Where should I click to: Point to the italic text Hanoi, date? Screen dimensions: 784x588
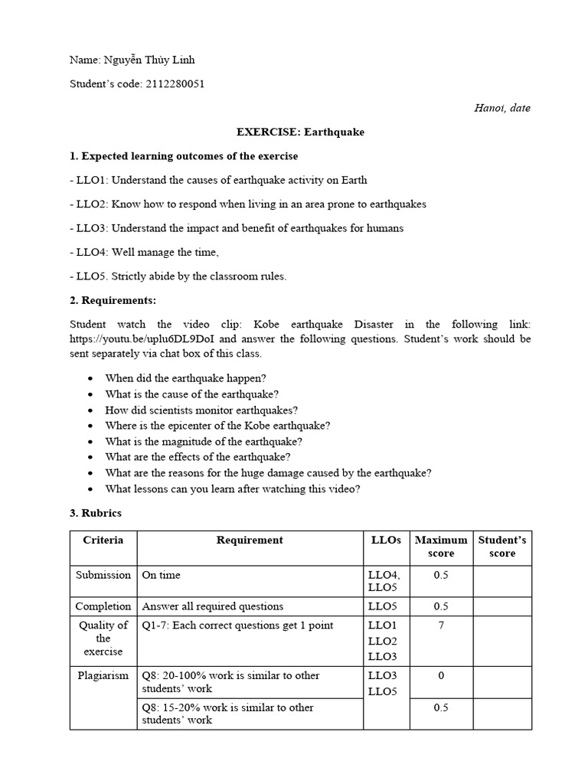pyautogui.click(x=502, y=108)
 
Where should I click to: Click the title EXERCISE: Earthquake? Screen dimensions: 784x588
pyautogui.click(x=300, y=132)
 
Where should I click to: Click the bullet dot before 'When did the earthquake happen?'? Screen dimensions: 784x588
pyautogui.click(x=92, y=378)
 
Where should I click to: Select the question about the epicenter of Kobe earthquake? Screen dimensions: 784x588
pyautogui.click(x=217, y=426)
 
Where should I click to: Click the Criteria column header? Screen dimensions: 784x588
pyautogui.click(x=103, y=540)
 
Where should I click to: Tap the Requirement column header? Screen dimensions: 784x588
pyautogui.click(x=250, y=540)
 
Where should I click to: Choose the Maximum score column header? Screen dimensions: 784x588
pyautogui.click(x=440, y=547)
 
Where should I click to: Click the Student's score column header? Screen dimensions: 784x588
pyautogui.click(x=502, y=547)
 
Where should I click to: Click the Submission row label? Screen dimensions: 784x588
pyautogui.click(x=103, y=574)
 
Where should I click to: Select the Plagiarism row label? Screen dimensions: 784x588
pyautogui.click(x=103, y=675)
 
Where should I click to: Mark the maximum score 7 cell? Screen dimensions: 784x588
pyautogui.click(x=440, y=626)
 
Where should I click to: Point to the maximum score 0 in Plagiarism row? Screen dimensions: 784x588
pyautogui.click(x=440, y=675)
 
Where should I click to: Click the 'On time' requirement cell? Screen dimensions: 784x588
pyautogui.click(x=162, y=574)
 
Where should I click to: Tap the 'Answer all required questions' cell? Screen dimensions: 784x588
pyautogui.click(x=213, y=606)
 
